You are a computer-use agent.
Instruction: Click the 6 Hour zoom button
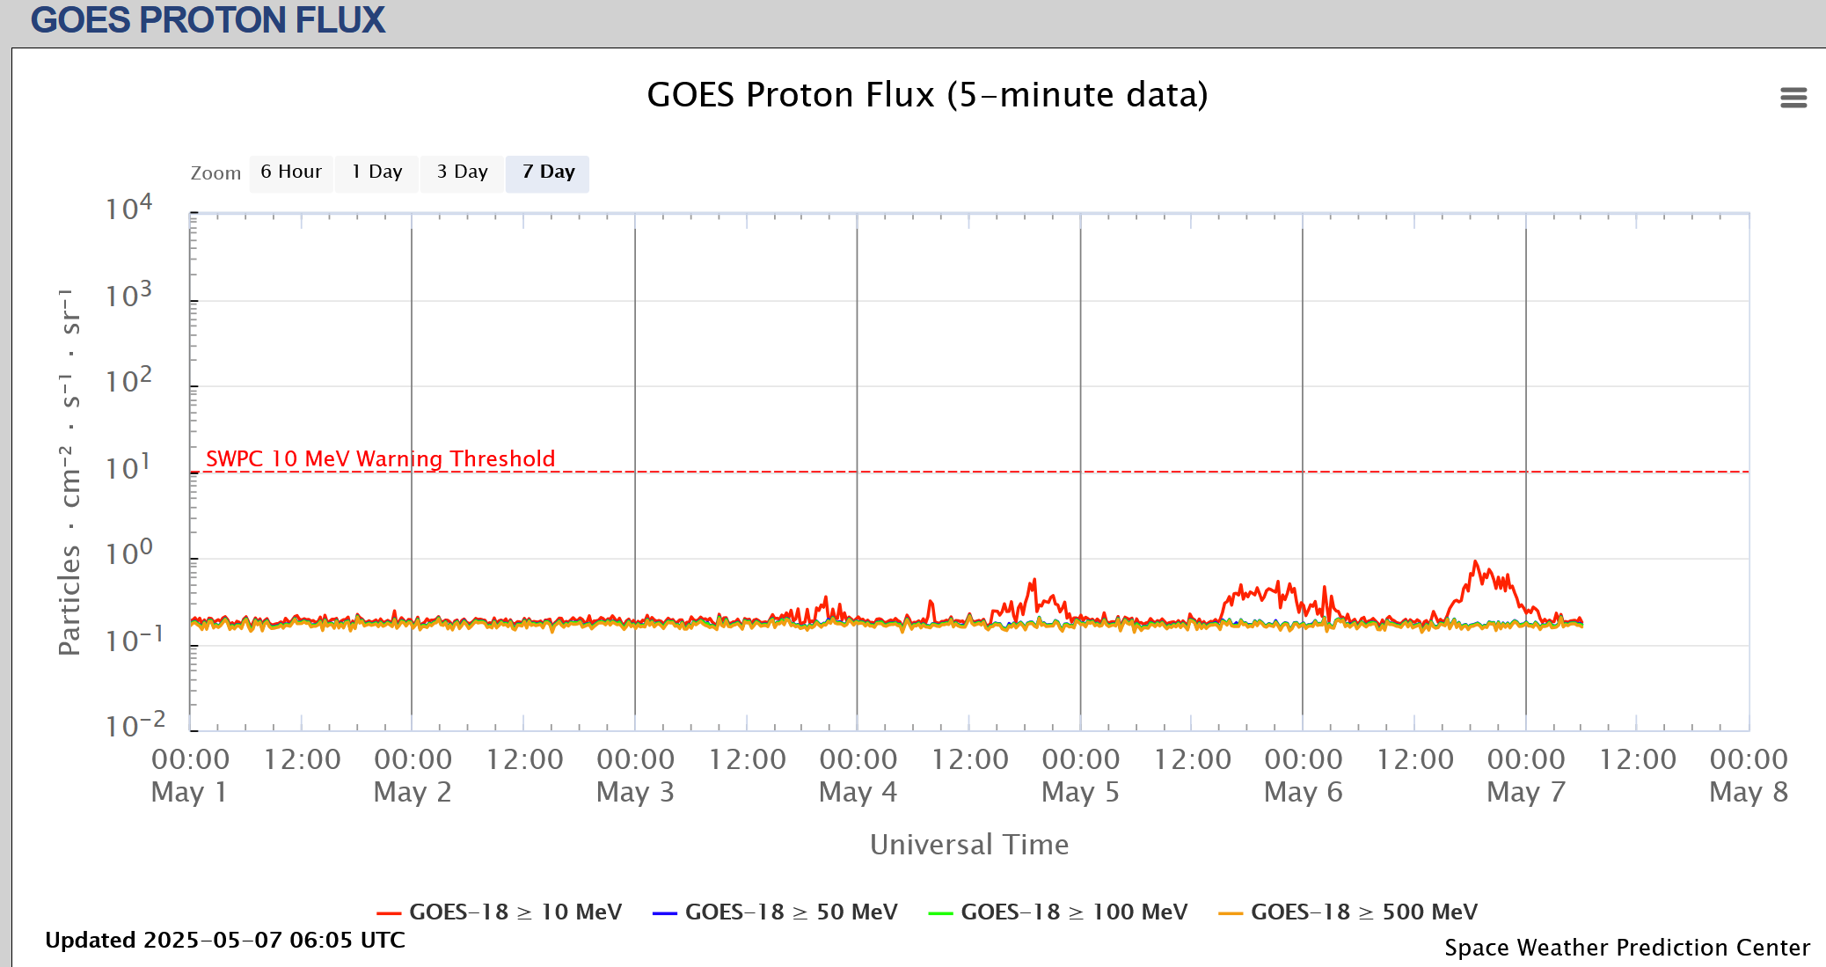(x=291, y=172)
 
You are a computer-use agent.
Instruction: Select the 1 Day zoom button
(x=376, y=172)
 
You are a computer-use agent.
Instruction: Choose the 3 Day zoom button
(x=462, y=172)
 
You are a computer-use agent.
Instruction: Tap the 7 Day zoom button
(x=548, y=172)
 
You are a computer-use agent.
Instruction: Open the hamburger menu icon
(x=1793, y=98)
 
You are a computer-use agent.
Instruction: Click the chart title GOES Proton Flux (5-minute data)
(x=927, y=95)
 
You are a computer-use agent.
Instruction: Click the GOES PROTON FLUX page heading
(x=208, y=20)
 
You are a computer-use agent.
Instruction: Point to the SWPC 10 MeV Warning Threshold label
(x=380, y=458)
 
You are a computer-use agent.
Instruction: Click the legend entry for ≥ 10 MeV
(x=500, y=912)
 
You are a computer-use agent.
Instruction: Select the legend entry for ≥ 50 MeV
(x=775, y=912)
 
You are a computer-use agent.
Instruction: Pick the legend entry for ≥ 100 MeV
(x=1058, y=912)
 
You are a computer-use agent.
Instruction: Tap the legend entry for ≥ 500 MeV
(x=1348, y=912)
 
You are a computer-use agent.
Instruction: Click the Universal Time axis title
(x=969, y=845)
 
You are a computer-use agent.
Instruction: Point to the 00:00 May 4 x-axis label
(x=858, y=775)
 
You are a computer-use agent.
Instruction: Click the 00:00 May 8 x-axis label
(x=1749, y=775)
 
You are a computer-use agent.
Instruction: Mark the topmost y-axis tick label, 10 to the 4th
(x=128, y=209)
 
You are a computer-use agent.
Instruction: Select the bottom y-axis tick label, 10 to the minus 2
(x=135, y=726)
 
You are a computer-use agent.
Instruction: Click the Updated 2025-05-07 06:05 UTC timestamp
(x=225, y=940)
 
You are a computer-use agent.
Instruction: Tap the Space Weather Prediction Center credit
(x=1627, y=947)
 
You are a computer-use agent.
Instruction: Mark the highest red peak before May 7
(x=1475, y=562)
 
